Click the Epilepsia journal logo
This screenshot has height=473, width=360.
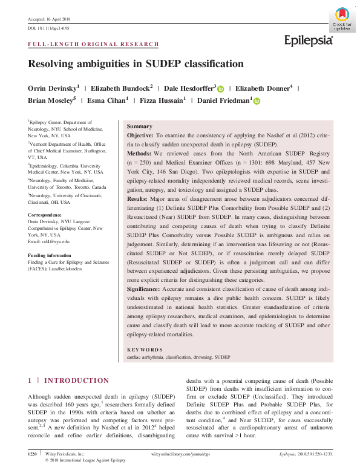[309, 41]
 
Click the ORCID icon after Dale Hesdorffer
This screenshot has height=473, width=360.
[221, 89]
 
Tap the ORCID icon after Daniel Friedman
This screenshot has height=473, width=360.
[257, 101]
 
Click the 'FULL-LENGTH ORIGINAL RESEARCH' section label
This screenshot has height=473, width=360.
[94, 44]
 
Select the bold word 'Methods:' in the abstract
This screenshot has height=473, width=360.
[139, 154]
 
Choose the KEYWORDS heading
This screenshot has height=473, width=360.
[145, 350]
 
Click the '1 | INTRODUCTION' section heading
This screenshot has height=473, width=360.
[69, 380]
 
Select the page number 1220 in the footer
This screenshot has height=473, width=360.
[34, 452]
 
